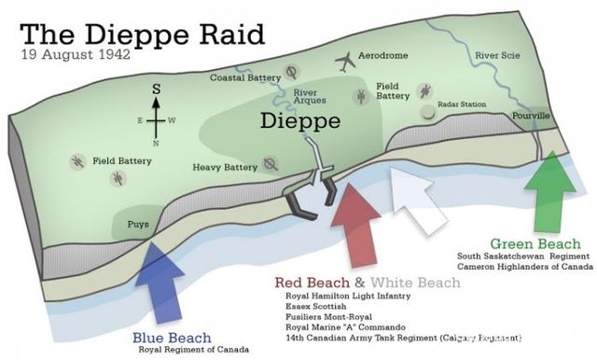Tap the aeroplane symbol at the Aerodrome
coord(345,62)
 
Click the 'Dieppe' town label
coord(299,121)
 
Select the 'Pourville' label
coord(533,116)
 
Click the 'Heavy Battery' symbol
coord(271,165)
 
